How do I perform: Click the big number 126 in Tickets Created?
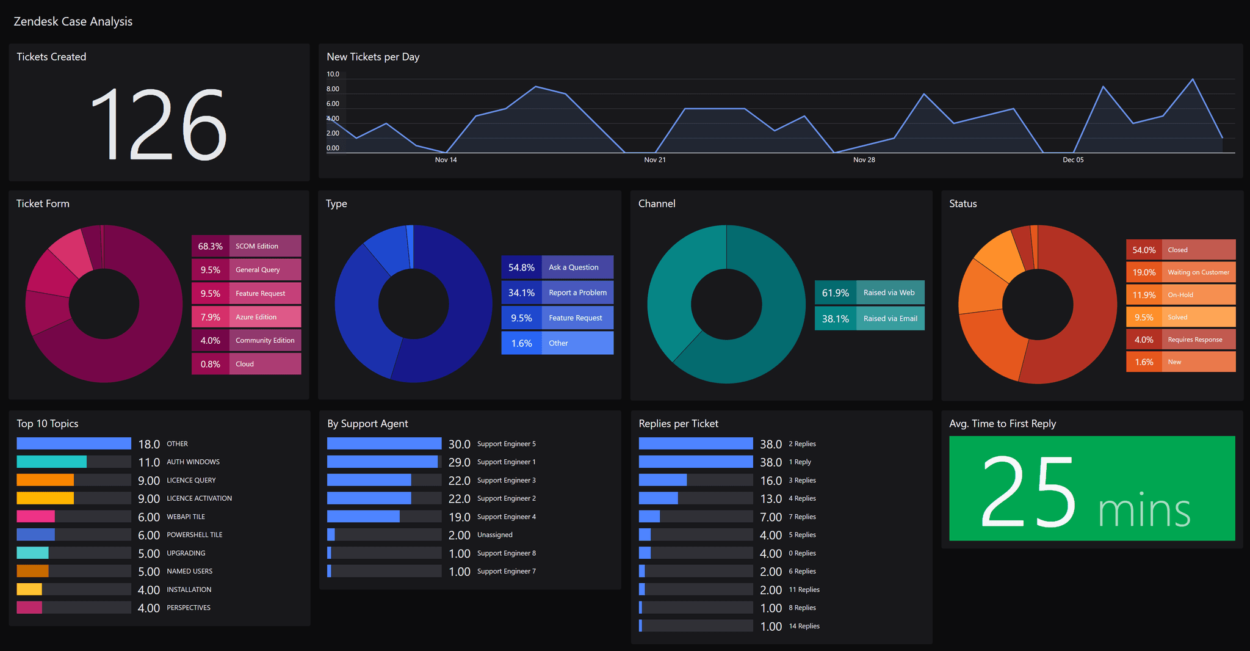159,125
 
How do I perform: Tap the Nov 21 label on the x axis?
655,160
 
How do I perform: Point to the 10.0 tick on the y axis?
333,75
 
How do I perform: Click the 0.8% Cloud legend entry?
246,364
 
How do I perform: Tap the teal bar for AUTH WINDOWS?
52,462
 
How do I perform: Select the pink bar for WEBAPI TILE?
35,517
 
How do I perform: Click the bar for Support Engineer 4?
363,517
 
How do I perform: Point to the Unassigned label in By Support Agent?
494,535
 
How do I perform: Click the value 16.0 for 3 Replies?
771,481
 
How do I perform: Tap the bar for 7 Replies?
649,517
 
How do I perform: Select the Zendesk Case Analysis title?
73,21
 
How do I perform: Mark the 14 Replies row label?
804,626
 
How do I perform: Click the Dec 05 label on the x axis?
1073,160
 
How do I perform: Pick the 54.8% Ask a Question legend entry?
557,267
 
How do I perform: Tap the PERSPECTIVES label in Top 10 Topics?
189,608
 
